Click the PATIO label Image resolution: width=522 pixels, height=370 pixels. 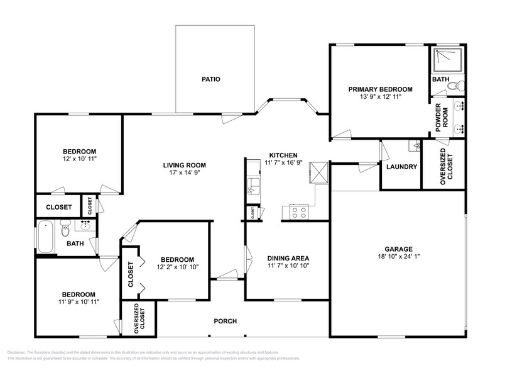[210, 79]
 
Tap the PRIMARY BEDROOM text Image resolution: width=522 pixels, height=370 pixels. [380, 89]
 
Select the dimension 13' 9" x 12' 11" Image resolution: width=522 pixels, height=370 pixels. [380, 97]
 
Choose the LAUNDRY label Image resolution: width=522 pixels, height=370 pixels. [401, 167]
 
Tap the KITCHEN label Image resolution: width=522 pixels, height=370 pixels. [283, 155]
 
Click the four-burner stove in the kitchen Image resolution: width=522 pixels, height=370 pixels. [298, 213]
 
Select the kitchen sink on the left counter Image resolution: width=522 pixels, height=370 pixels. [253, 185]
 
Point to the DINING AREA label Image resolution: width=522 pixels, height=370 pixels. [288, 258]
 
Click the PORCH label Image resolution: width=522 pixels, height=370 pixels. [226, 322]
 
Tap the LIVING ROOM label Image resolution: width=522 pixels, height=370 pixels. [185, 165]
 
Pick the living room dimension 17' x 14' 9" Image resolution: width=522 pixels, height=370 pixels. [185, 173]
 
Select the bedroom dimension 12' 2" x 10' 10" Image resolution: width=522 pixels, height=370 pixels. [177, 267]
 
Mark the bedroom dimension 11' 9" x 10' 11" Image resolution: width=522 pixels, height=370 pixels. [78, 302]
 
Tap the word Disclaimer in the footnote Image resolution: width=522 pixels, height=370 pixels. [16, 352]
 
